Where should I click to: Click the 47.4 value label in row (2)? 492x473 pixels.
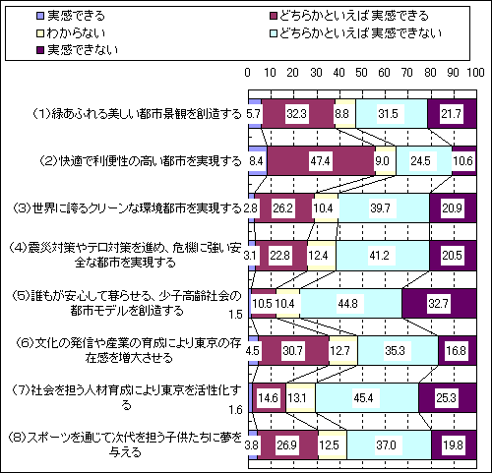[x=320, y=161]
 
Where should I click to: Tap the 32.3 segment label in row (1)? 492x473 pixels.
[x=296, y=114]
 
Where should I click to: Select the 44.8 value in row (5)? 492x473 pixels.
[x=347, y=304]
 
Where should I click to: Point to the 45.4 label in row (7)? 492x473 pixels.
[x=363, y=398]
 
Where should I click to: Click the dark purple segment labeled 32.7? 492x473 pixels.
[x=439, y=304]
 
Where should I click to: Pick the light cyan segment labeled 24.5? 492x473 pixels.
[x=424, y=161]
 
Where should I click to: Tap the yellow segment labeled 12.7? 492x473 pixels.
[x=343, y=351]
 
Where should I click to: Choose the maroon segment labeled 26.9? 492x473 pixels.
[x=287, y=445]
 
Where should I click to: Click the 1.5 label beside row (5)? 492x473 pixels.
[x=235, y=315]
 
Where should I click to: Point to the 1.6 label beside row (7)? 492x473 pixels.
[x=235, y=410]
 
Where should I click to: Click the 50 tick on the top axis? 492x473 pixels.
[x=361, y=73]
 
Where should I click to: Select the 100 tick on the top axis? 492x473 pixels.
[x=476, y=73]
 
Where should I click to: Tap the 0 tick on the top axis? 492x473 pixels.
[x=248, y=73]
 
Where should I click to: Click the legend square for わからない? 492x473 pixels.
[x=40, y=33]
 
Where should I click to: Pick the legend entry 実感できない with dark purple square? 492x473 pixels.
[x=78, y=50]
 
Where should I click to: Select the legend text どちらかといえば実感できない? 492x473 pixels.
[x=361, y=33]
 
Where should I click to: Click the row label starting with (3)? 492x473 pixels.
[x=127, y=208]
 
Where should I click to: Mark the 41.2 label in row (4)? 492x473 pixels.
[x=379, y=256]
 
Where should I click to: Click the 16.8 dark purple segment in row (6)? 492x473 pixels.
[x=457, y=351]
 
